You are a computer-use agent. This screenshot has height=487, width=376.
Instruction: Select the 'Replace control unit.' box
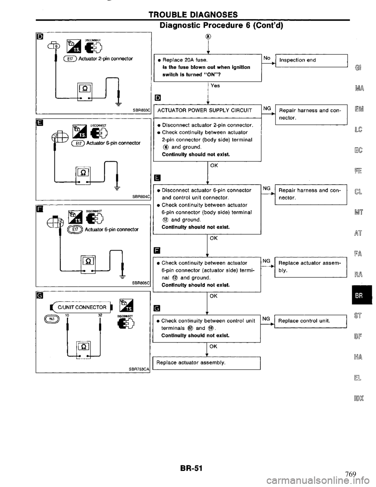click(x=311, y=320)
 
